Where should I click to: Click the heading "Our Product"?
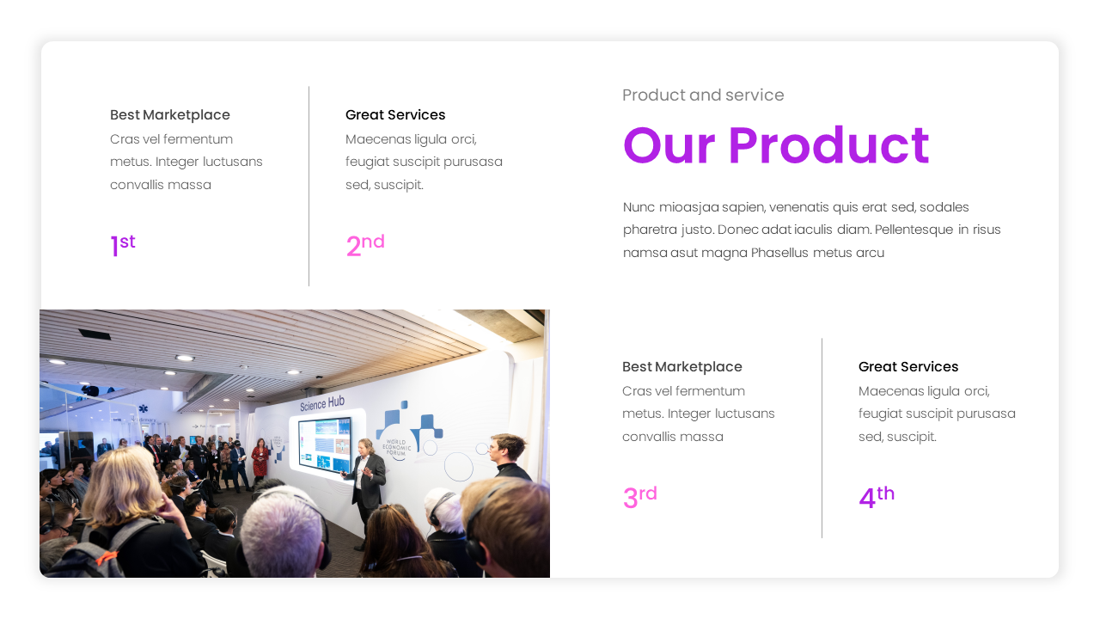[x=775, y=146]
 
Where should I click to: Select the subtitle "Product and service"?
[x=703, y=95]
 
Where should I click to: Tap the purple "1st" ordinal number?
[x=122, y=246]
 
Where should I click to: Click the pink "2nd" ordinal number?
[x=364, y=245]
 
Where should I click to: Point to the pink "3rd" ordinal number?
[x=639, y=497]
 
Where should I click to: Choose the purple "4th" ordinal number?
[x=876, y=497]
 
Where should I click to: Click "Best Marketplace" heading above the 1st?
[x=170, y=115]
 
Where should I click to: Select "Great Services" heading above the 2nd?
[x=395, y=115]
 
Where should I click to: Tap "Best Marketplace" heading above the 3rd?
[x=682, y=367]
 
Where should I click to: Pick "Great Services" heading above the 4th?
[x=908, y=367]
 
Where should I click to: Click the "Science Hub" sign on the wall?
[x=322, y=402]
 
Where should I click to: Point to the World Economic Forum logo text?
[x=398, y=447]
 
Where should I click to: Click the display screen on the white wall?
[x=325, y=444]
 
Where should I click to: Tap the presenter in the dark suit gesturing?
[x=368, y=477]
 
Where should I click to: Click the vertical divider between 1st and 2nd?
[x=309, y=186]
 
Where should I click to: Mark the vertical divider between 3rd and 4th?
[x=822, y=438]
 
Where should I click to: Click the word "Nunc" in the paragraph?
[x=639, y=207]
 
